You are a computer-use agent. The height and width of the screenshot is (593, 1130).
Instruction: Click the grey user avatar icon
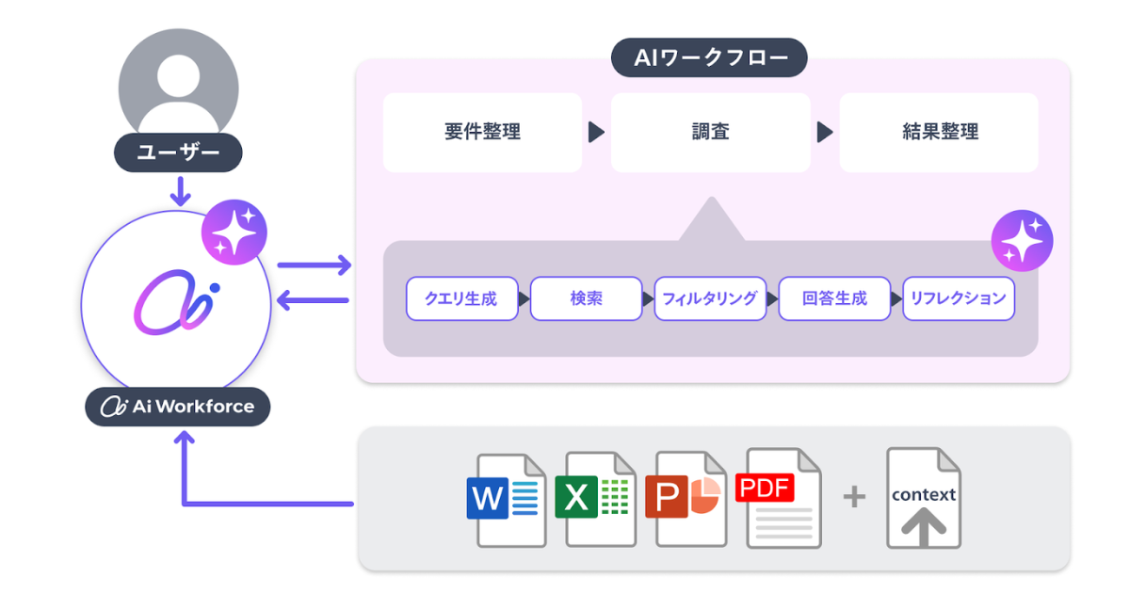tap(178, 87)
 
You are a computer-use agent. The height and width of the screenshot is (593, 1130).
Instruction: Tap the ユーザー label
tap(178, 152)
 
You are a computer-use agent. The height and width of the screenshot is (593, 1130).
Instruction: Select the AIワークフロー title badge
tap(709, 57)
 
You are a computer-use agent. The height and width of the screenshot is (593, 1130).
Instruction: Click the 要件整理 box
tap(482, 132)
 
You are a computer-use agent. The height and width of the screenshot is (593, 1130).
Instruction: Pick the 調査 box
tap(710, 132)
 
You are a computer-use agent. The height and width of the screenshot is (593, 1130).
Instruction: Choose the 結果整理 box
tap(939, 132)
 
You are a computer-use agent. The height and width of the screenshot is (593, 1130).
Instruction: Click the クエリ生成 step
tap(461, 298)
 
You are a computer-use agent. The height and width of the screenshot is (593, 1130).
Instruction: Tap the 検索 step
tap(586, 298)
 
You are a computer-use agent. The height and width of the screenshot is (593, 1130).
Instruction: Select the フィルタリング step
tap(710, 298)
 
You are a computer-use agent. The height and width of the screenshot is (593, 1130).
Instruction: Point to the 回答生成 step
tap(834, 298)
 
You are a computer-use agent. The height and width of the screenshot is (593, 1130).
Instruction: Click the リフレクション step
tap(959, 298)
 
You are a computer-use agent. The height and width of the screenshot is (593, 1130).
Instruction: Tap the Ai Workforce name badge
tap(178, 407)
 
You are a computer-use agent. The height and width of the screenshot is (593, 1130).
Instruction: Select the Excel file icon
tap(597, 499)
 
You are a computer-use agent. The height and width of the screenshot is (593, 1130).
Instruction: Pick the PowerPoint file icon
tap(687, 499)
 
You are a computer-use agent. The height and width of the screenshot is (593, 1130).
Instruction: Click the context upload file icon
tap(923, 499)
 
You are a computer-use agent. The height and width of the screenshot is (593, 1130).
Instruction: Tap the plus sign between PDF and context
tap(853, 497)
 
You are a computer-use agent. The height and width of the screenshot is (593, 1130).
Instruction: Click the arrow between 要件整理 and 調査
tap(596, 132)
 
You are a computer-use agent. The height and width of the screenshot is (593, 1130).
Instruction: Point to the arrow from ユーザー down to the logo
tap(179, 191)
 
